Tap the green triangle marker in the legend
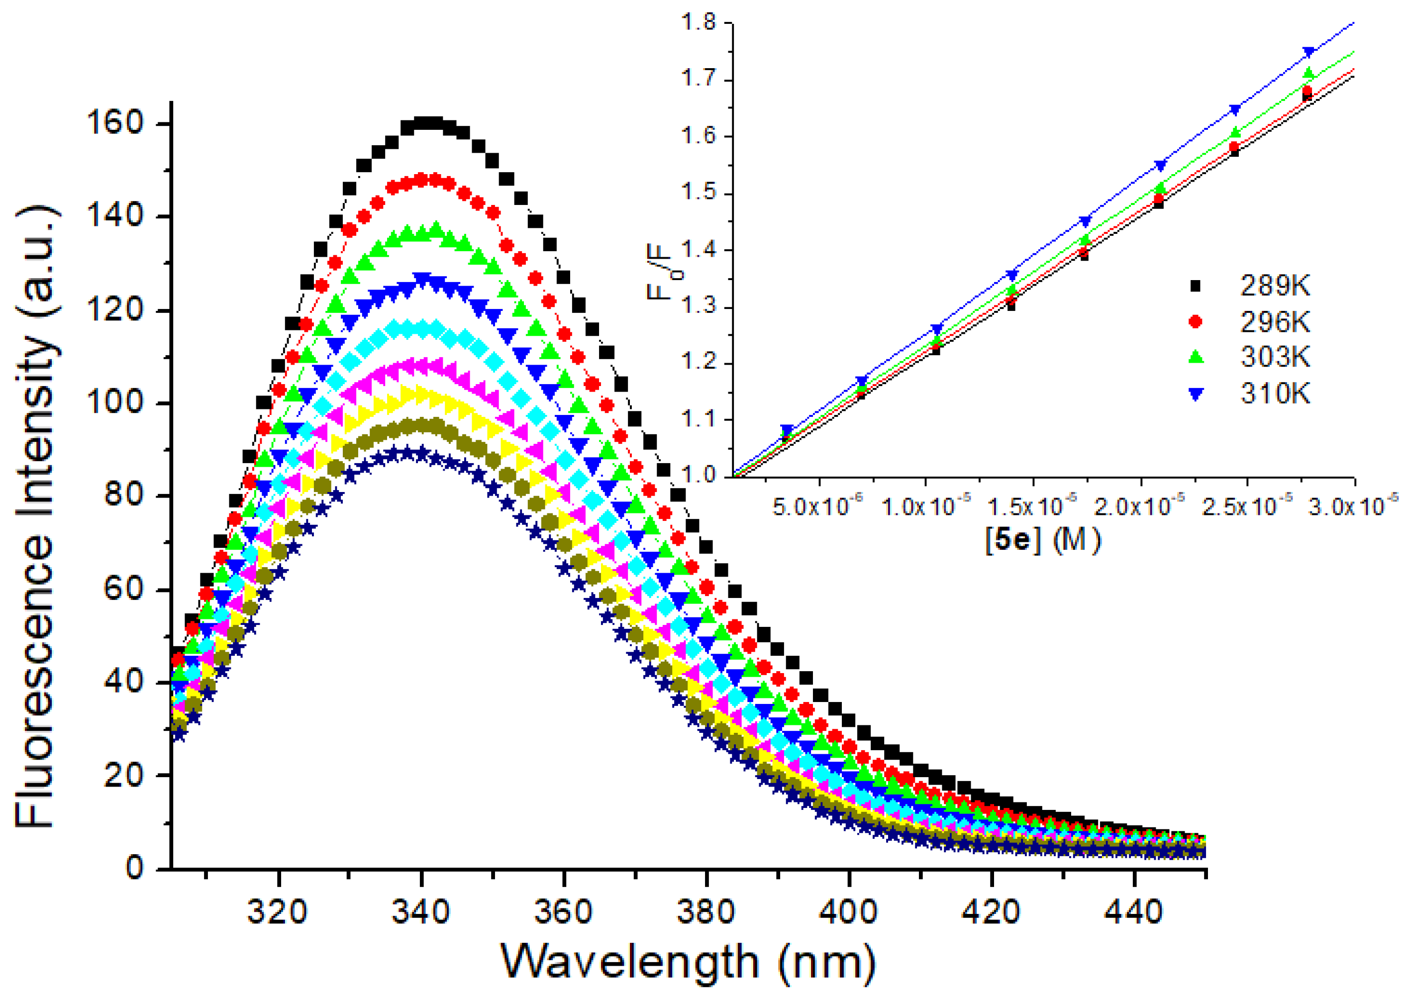click(1195, 357)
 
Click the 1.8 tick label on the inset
click(699, 23)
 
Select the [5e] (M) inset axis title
click(1043, 540)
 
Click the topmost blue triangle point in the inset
click(1308, 52)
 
